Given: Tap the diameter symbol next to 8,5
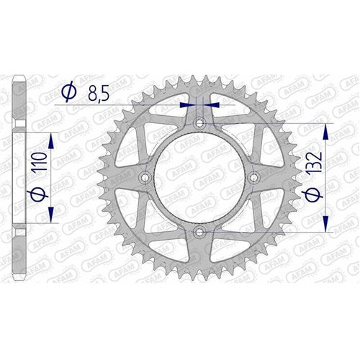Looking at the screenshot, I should pyautogui.click(x=69, y=91).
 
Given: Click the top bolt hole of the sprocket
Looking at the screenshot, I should pyautogui.click(x=199, y=125).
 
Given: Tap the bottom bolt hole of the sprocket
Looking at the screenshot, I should pyautogui.click(x=199, y=231).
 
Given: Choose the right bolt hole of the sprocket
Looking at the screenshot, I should pyautogui.click(x=253, y=178).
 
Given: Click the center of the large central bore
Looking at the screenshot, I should pyautogui.click(x=199, y=178).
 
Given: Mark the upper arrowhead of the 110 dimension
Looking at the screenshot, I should pyautogui.click(x=52, y=136).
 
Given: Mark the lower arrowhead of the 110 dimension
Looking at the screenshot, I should pyautogui.click(x=52, y=219).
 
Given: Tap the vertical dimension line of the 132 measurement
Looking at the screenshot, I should pyautogui.click(x=328, y=178).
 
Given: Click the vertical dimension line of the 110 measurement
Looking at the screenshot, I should pyautogui.click(x=52, y=178).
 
